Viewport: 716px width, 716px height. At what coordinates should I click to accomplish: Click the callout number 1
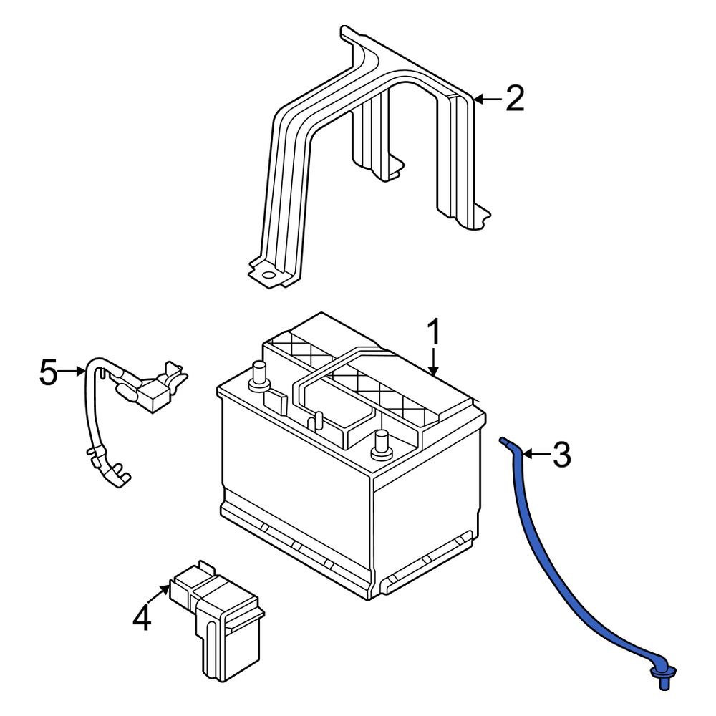click(434, 334)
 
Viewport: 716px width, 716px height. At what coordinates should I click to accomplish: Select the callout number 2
click(514, 99)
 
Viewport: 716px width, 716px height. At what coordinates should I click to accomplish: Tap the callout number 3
click(561, 455)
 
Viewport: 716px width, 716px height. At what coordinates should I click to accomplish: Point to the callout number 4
click(142, 618)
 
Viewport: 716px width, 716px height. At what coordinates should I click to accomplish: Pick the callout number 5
click(48, 373)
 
